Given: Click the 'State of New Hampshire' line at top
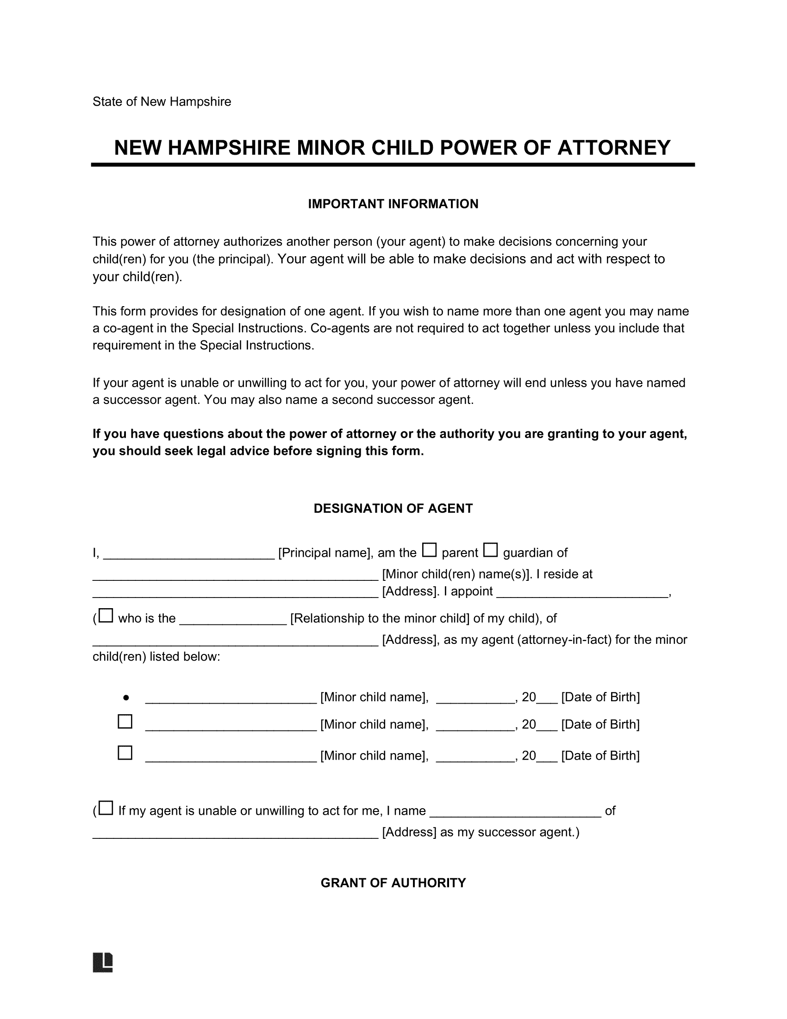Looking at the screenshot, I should pos(161,102).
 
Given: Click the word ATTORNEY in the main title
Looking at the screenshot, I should pos(613,148).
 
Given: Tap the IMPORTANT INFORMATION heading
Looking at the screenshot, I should pos(393,204).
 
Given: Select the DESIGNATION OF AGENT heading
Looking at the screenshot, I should pos(393,509).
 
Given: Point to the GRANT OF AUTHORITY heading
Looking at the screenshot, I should pos(393,883).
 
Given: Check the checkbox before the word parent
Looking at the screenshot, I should pos(429,550).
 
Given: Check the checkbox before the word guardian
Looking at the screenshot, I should pos(490,550).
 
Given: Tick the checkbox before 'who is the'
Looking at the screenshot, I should pos(106,616).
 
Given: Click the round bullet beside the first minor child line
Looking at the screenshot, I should pos(126,698).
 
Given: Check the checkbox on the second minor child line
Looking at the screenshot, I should pos(125,722).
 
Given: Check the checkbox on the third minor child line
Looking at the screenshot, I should pos(125,753).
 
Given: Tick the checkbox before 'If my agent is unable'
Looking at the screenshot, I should pos(106,808).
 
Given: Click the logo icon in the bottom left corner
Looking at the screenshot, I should pos(103,962).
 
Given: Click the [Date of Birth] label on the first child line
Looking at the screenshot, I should pos(600,698).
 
